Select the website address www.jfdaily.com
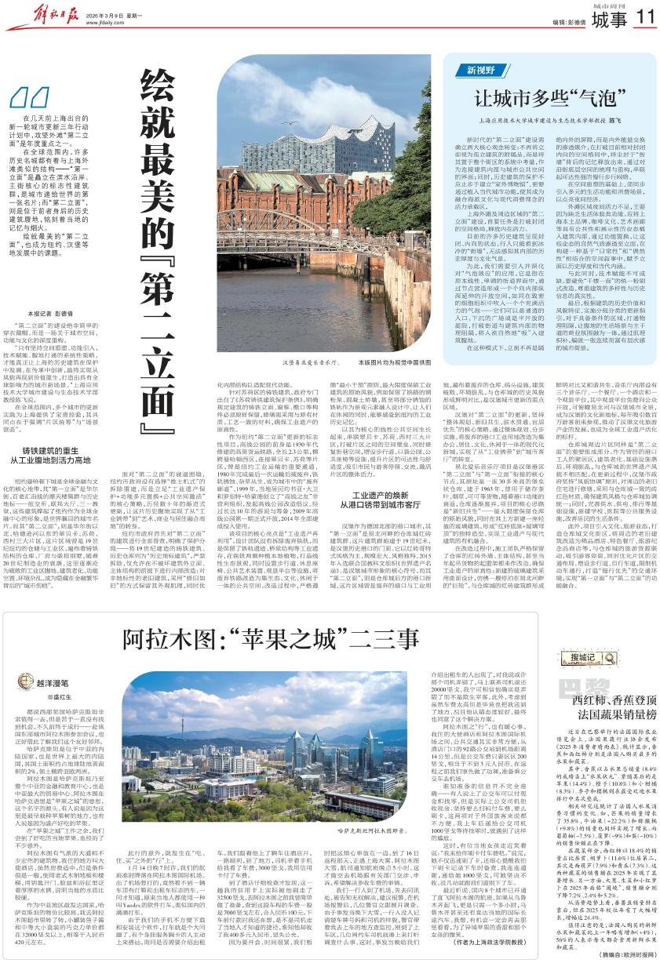[x=116, y=23]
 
